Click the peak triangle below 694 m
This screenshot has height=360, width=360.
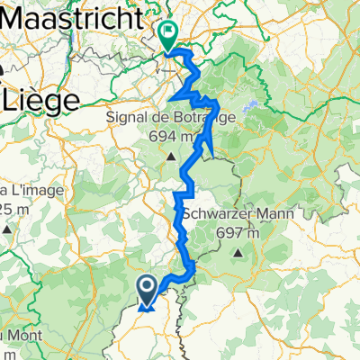[173, 158]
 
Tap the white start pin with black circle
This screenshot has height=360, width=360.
[148, 286]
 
